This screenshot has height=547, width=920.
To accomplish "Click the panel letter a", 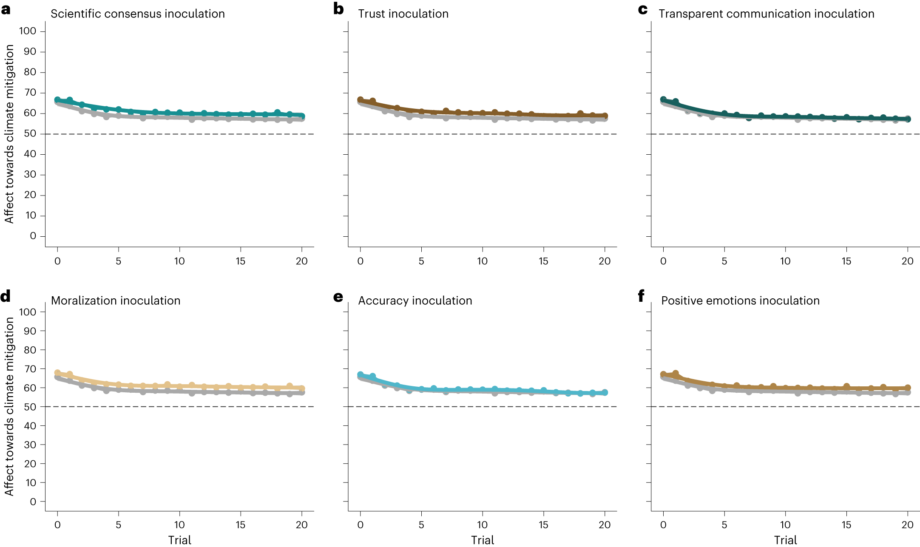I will click(6, 9).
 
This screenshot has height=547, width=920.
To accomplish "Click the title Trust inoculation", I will click(403, 14).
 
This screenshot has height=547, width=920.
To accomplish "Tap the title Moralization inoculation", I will click(116, 301).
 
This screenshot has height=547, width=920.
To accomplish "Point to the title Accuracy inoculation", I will click(415, 301).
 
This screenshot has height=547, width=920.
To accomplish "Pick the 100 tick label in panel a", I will click(28, 31).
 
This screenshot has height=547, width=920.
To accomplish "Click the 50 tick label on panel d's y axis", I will click(30, 407).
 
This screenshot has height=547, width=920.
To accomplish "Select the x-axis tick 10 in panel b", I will click(482, 261).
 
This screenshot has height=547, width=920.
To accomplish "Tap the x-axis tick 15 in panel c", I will click(846, 261).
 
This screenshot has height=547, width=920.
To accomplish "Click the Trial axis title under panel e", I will click(482, 540).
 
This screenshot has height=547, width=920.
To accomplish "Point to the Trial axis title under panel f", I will click(785, 540).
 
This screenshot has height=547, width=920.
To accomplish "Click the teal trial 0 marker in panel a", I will click(57, 100).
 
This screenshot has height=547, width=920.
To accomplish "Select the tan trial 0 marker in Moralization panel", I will click(57, 373).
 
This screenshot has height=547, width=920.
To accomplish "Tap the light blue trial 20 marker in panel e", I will click(605, 392).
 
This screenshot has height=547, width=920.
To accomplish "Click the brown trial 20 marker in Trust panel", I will click(605, 116).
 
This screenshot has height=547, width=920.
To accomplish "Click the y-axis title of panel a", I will click(9, 134).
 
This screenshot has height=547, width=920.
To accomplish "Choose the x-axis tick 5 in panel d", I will click(119, 525).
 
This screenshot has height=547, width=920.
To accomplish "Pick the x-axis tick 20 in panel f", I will click(907, 525).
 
